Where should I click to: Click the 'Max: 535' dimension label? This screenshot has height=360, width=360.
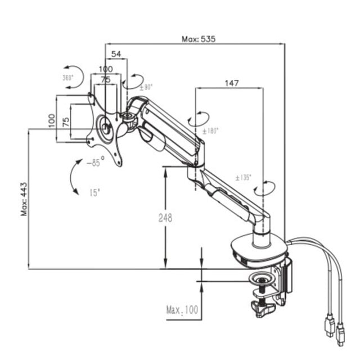pyautogui.click(x=199, y=39)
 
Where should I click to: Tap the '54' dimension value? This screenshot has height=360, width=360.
pyautogui.click(x=116, y=54)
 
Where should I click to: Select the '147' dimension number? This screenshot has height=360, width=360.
pyautogui.click(x=232, y=83)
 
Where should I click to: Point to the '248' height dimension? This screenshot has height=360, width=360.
pyautogui.click(x=165, y=218)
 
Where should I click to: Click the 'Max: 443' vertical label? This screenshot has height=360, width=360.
pyautogui.click(x=24, y=199)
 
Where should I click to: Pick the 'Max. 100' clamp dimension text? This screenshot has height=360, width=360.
pyautogui.click(x=182, y=310)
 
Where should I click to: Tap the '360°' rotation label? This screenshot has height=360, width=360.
pyautogui.click(x=67, y=78)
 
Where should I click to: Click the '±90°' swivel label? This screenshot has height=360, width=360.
pyautogui.click(x=146, y=87)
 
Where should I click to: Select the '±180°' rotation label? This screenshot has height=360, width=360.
pyautogui.click(x=210, y=131)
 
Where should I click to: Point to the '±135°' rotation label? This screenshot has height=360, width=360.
pyautogui.click(x=244, y=178)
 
